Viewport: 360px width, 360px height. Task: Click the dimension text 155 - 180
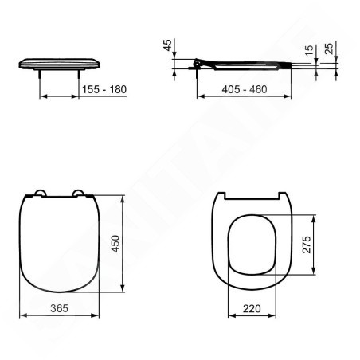coord(104,89)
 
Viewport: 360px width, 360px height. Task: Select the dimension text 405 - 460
coord(245,89)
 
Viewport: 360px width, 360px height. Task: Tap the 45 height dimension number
coord(168,45)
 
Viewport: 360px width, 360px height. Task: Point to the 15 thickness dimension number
coord(309,50)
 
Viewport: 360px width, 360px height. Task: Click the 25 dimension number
coord(329,49)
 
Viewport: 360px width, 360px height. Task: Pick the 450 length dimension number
coord(115,244)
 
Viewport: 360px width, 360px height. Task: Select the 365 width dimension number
coord(59,308)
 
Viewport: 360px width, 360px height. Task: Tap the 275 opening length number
coord(307,245)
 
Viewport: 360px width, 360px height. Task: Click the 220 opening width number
coord(252,308)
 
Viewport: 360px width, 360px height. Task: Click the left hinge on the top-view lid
coord(41,193)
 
